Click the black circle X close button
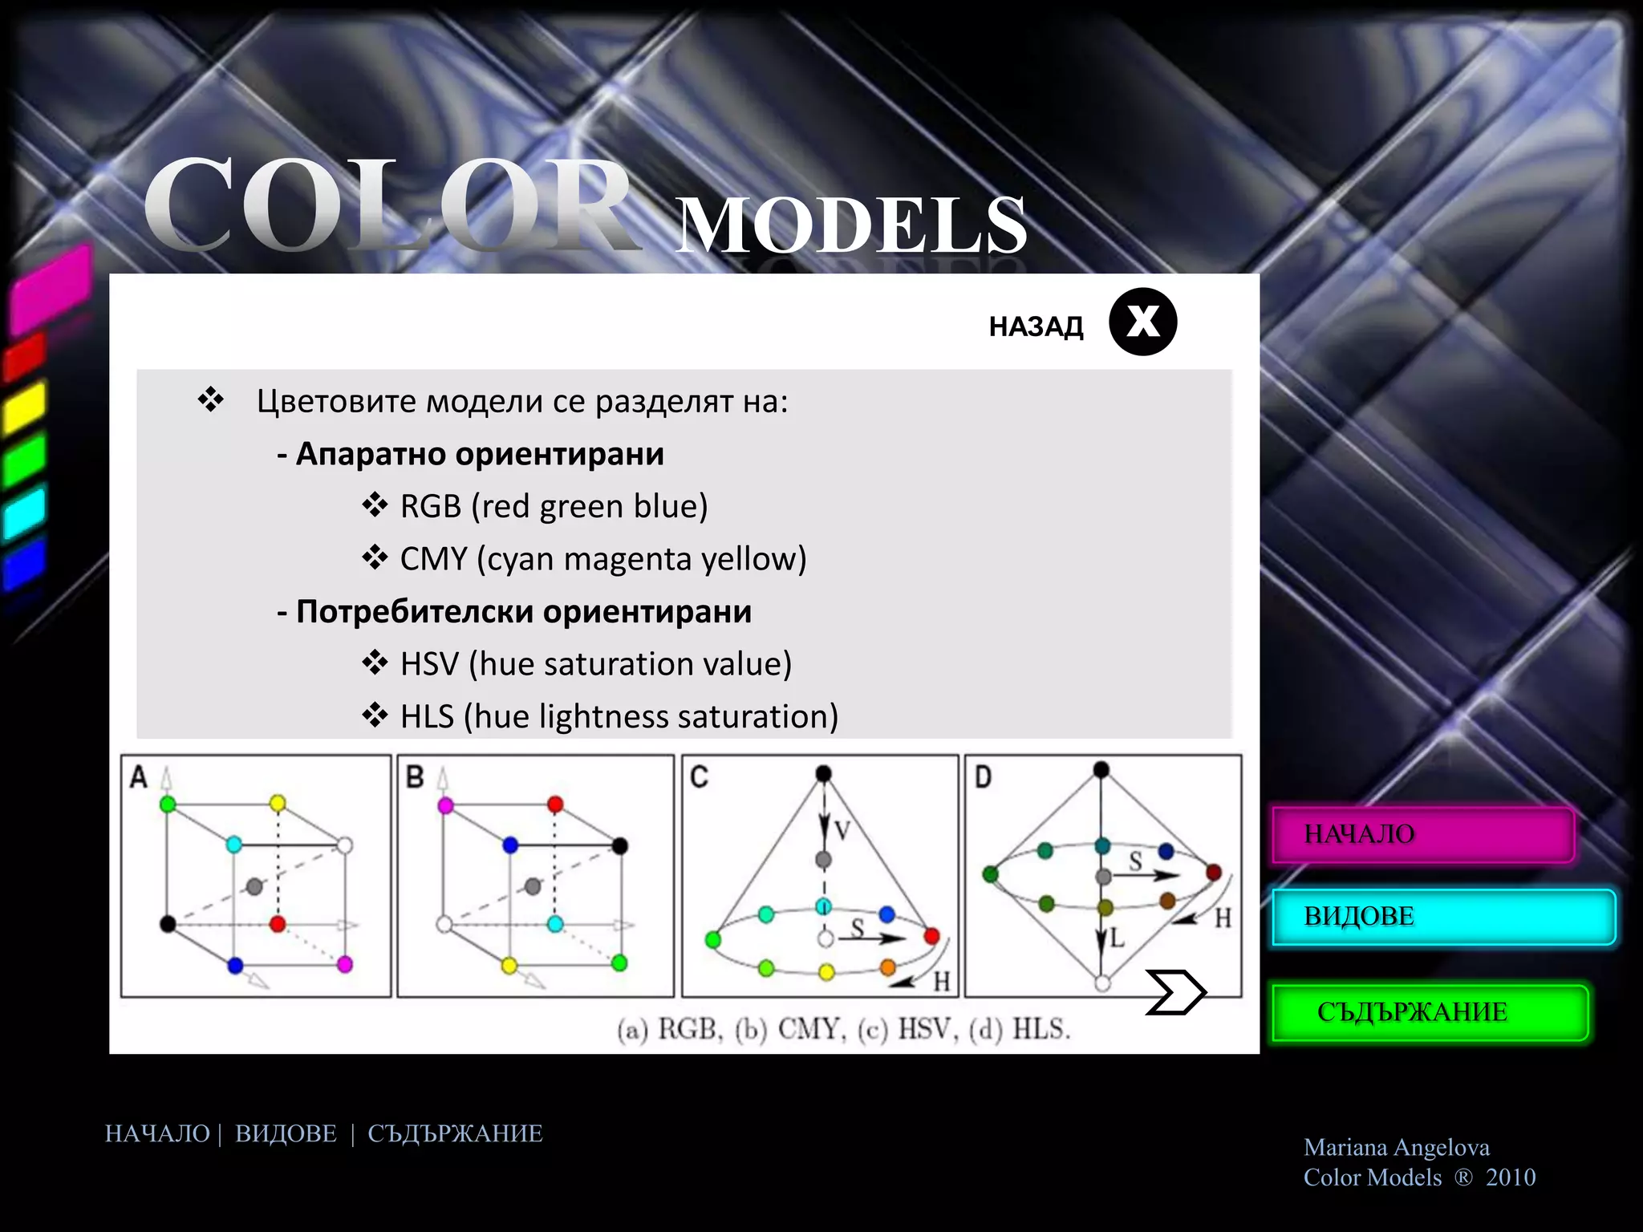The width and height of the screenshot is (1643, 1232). (1142, 322)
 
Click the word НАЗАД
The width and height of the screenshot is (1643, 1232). (1036, 326)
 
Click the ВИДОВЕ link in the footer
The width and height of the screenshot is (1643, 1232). (286, 1133)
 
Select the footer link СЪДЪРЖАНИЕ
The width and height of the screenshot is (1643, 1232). (455, 1133)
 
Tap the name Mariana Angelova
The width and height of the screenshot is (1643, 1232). (1396, 1147)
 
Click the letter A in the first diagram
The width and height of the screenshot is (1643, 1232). (139, 777)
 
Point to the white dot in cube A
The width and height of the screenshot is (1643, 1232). (345, 845)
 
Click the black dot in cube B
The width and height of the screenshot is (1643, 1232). (619, 845)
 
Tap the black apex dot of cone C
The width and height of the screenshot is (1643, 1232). (823, 773)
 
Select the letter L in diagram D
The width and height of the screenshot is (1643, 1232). (1118, 937)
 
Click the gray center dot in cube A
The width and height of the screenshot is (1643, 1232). (255, 886)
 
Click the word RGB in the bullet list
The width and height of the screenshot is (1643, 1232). (431, 506)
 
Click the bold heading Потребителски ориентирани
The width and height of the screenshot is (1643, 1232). (523, 611)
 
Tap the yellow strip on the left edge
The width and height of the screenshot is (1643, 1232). (24, 407)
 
